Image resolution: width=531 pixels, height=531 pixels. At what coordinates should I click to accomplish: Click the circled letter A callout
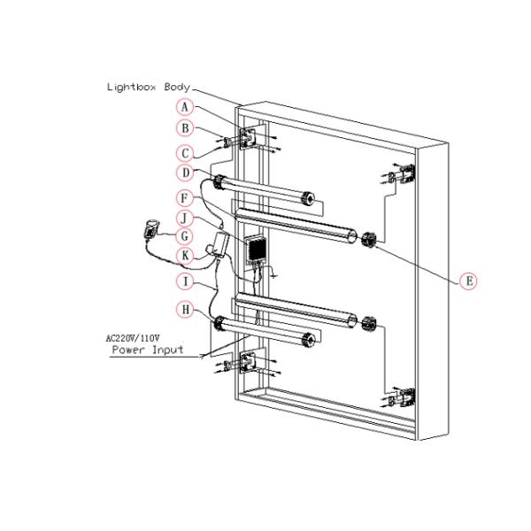point(184,106)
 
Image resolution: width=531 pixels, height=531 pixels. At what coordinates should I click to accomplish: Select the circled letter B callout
point(184,128)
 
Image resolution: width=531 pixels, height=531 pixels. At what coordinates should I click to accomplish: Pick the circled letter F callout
point(184,196)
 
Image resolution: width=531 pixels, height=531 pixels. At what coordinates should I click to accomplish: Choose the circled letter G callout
point(184,236)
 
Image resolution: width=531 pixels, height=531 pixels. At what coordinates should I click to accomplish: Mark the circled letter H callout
point(184,309)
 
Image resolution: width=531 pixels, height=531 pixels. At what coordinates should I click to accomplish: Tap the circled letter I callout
point(184,281)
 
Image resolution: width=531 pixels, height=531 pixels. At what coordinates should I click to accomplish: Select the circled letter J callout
point(184,217)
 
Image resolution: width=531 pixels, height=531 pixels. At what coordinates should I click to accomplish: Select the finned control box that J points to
point(257,249)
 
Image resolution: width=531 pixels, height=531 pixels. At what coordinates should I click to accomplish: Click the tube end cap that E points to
point(367,237)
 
